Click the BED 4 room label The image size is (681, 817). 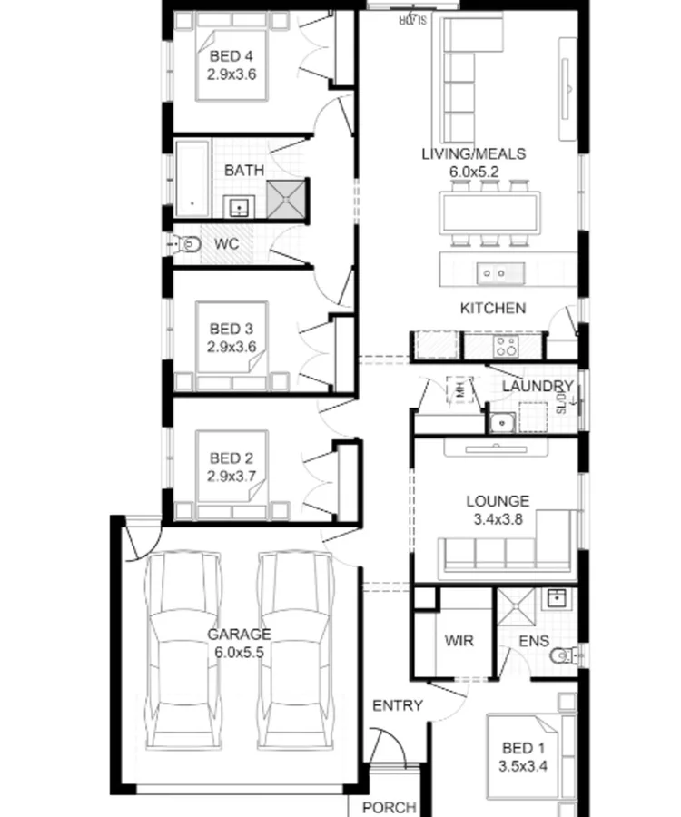[231, 57]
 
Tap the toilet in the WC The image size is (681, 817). [186, 244]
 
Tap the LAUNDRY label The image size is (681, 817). [538, 387]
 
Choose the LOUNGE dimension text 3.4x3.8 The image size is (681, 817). [498, 520]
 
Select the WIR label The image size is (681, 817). [459, 641]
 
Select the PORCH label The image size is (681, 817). [389, 807]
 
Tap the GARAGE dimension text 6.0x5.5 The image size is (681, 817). [238, 652]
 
